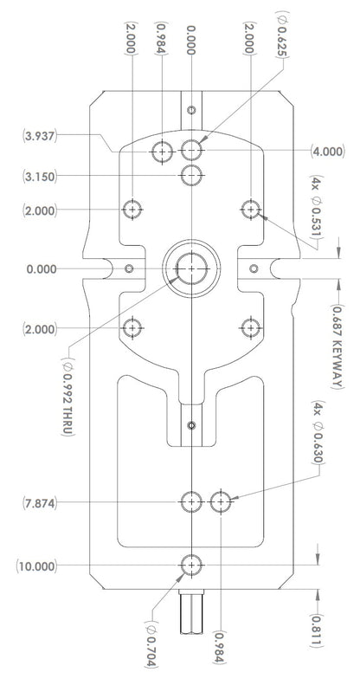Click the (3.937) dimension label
(x=39, y=136)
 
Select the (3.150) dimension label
(x=39, y=177)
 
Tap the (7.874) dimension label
(x=39, y=503)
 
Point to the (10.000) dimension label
(x=36, y=566)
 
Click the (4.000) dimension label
(x=328, y=152)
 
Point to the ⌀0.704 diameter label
(x=151, y=643)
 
